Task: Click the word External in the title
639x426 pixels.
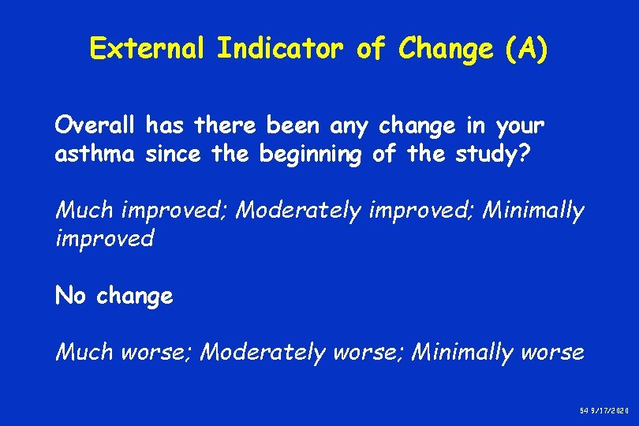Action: click(148, 49)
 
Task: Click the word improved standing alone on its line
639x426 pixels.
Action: click(104, 238)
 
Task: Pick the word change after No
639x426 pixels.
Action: click(135, 297)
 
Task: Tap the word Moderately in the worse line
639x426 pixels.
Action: click(261, 352)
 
